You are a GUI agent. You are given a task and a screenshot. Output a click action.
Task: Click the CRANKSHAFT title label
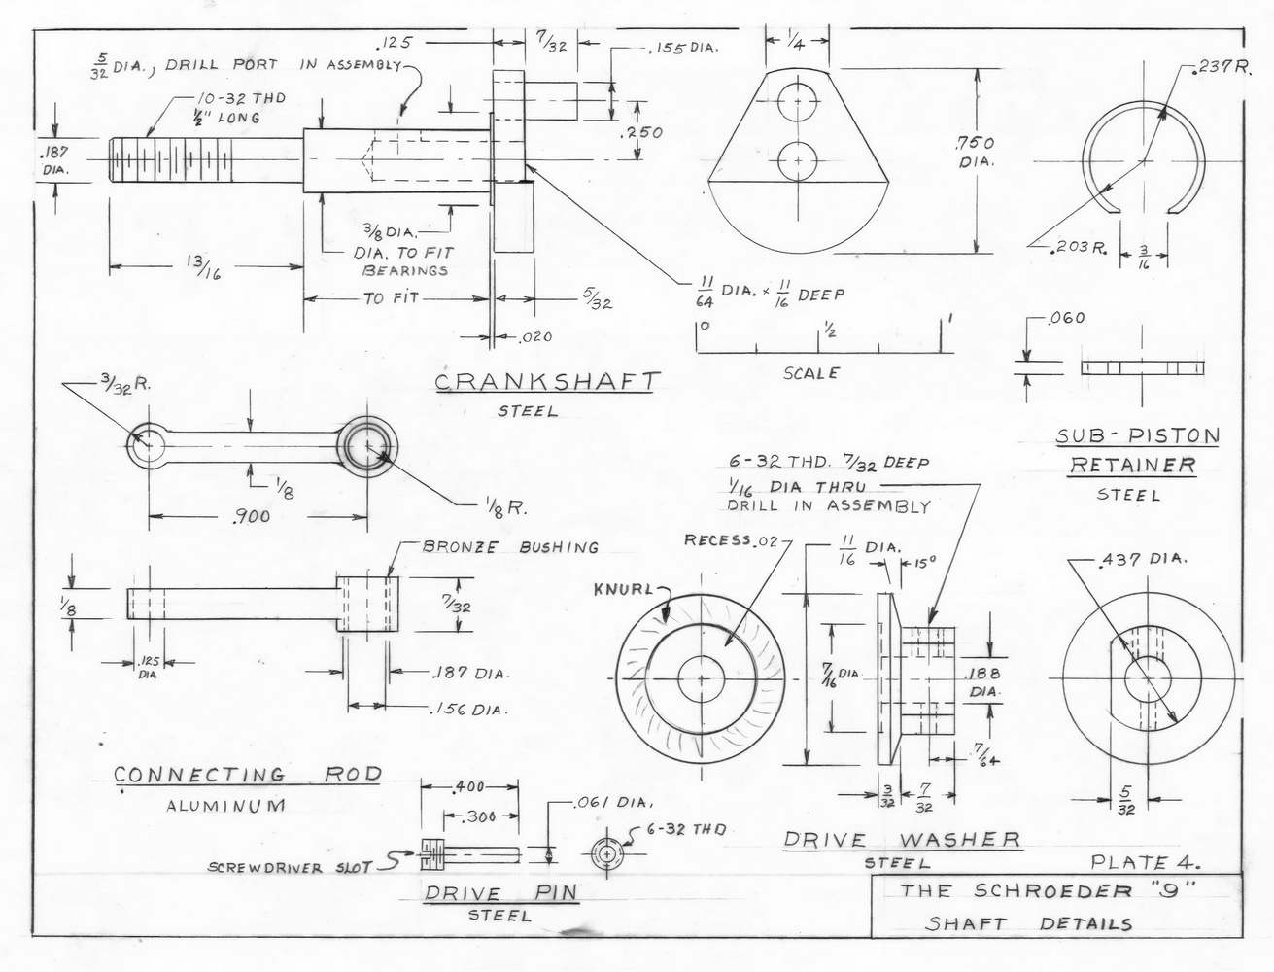[x=547, y=382]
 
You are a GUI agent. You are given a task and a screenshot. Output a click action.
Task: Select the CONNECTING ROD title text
[x=248, y=775]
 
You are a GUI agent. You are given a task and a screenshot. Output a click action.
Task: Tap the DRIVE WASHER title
[x=902, y=839]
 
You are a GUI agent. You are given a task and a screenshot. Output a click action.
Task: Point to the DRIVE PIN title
[x=500, y=892]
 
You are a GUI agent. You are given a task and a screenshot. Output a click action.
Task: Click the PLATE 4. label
[x=1145, y=862]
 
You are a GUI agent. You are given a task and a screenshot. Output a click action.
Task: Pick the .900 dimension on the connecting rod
[x=252, y=516]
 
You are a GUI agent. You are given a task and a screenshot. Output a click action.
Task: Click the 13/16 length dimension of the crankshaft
[x=204, y=268]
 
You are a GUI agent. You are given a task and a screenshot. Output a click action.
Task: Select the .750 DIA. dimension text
[x=977, y=152]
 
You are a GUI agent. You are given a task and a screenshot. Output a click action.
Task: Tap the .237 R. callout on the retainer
[x=1222, y=68]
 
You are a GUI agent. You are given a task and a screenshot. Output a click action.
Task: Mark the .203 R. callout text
[x=1079, y=248]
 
